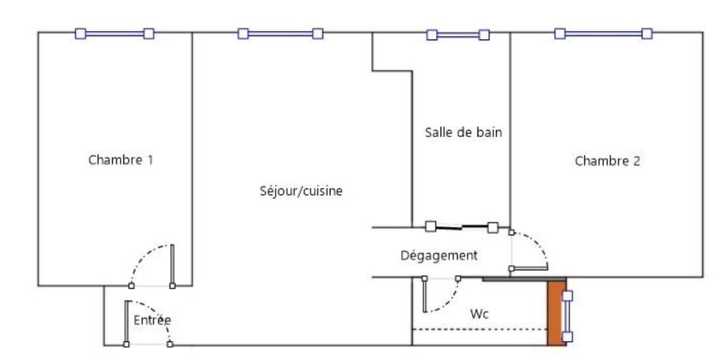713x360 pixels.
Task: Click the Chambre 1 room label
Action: [121, 160]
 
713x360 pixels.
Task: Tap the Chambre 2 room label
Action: [607, 161]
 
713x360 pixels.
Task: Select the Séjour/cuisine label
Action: [301, 192]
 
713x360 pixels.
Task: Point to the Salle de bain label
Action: [463, 133]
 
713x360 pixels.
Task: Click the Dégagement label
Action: [439, 255]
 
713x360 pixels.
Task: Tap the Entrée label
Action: [152, 320]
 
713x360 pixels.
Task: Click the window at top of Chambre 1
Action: [115, 33]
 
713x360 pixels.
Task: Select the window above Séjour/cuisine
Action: [280, 33]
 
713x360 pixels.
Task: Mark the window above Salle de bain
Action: [458, 35]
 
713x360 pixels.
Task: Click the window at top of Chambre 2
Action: [604, 33]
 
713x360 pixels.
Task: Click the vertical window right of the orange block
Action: [567, 316]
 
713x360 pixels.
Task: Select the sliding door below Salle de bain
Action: [462, 227]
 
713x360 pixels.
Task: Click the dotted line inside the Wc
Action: [480, 329]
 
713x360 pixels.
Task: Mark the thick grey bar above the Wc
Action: [515, 280]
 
